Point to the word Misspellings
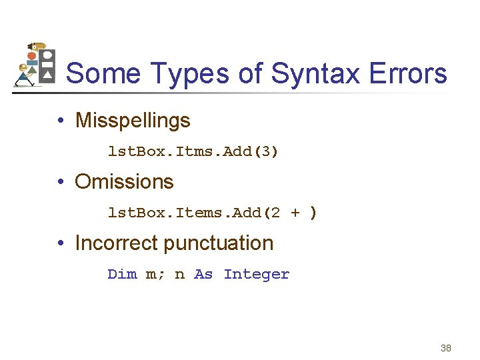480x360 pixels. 133,121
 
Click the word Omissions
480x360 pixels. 124,181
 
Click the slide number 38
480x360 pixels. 446,348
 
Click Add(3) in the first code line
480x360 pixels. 251,152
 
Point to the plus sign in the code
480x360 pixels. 295,213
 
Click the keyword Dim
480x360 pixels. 122,274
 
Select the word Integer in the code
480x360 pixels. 257,274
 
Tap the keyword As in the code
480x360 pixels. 203,274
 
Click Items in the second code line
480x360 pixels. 199,213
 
